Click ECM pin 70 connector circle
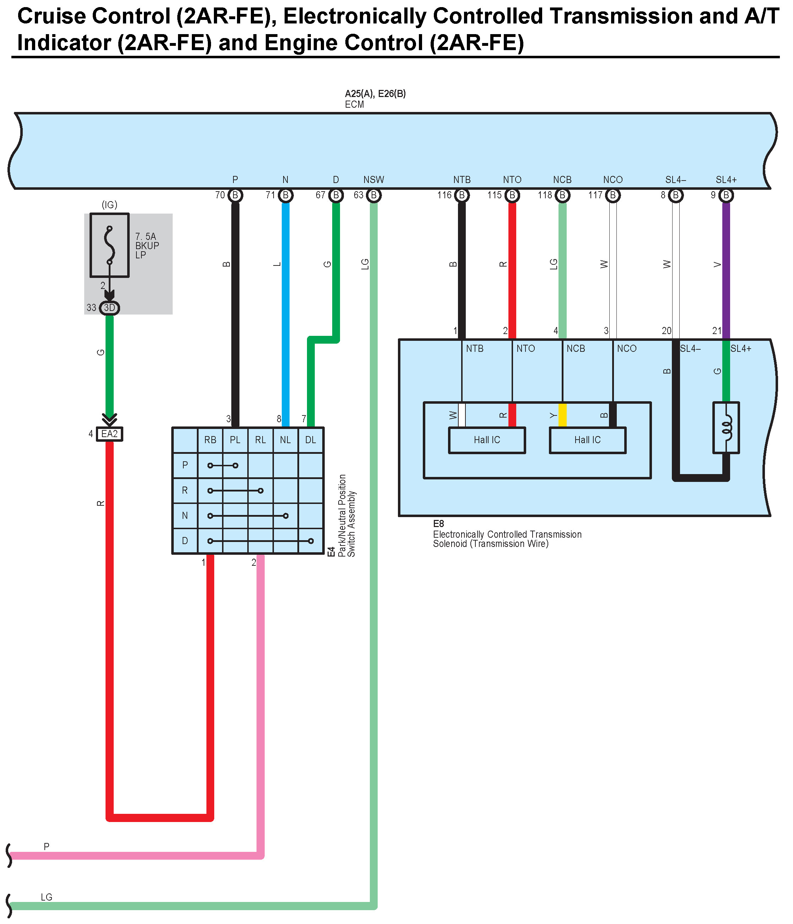[235, 195]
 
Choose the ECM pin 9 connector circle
[726, 195]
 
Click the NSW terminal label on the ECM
[373, 180]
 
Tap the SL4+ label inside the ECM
[726, 180]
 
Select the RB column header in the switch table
[210, 440]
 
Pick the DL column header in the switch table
[311, 440]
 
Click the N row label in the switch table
[185, 516]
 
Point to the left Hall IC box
[487, 440]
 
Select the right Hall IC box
[588, 440]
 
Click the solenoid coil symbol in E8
[726, 428]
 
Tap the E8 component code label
[439, 523]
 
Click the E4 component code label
[331, 552]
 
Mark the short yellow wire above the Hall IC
[562, 415]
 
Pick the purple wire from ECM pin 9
[726, 268]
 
